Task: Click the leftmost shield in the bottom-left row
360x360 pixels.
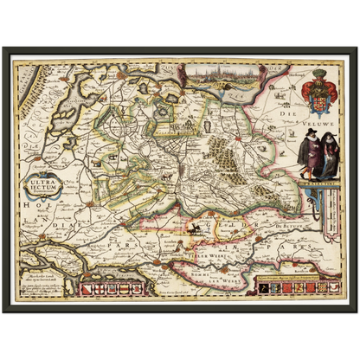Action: tap(81, 286)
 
